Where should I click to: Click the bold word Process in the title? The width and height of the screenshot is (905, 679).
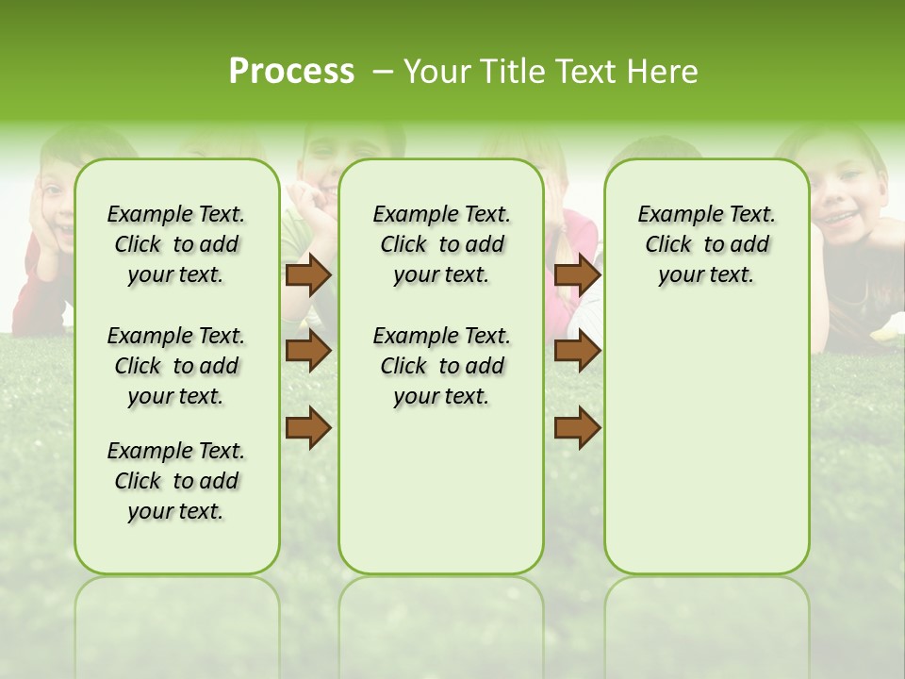(291, 72)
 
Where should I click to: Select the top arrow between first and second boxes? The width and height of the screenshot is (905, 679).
(308, 274)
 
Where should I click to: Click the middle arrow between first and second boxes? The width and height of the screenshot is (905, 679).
(308, 351)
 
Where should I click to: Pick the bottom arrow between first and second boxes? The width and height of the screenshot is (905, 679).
(308, 428)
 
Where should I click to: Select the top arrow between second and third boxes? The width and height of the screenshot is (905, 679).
(577, 274)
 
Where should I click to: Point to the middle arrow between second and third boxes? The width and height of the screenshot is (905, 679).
(577, 351)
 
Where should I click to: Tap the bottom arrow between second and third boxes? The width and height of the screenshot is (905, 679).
(577, 428)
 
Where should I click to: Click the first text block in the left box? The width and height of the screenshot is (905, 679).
(176, 244)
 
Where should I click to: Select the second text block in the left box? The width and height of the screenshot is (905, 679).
(176, 366)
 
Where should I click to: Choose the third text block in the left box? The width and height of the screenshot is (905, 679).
(176, 481)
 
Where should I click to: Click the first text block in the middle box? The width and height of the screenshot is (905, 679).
(441, 244)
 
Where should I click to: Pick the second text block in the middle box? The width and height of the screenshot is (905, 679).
(441, 366)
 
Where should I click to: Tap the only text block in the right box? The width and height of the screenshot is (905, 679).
(706, 244)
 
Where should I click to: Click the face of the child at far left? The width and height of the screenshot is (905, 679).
(54, 203)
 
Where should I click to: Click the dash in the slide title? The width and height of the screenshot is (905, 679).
(383, 72)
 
